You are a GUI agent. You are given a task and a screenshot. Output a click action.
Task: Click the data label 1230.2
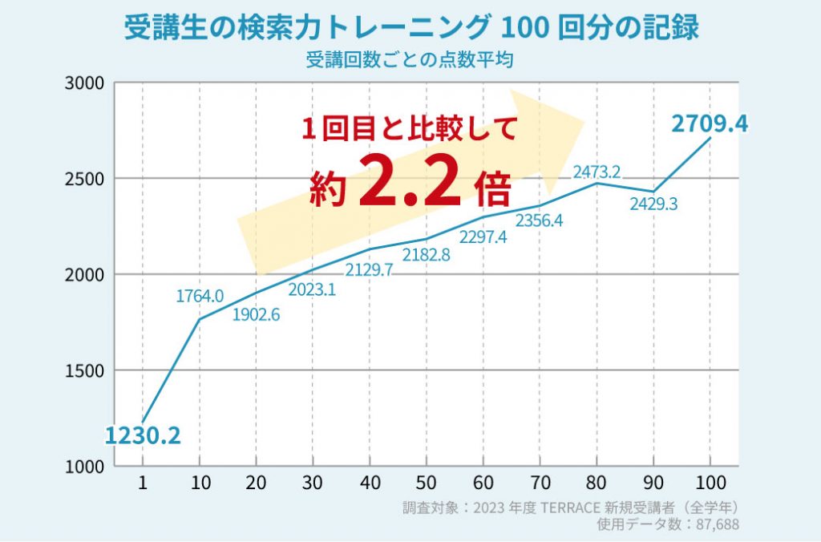pyautogui.click(x=142, y=436)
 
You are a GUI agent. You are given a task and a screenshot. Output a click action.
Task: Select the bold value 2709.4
pyautogui.click(x=710, y=124)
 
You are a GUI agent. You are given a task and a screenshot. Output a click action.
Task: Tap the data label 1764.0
pyautogui.click(x=200, y=297)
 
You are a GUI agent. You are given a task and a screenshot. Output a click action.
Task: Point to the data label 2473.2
pyautogui.click(x=597, y=172)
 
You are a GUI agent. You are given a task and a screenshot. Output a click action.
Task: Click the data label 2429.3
pyautogui.click(x=653, y=204)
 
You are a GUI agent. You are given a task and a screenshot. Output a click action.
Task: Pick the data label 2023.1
pyautogui.click(x=311, y=289)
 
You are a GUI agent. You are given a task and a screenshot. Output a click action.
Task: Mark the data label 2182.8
pyautogui.click(x=426, y=255)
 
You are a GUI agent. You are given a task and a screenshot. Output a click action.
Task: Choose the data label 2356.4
pyautogui.click(x=539, y=220)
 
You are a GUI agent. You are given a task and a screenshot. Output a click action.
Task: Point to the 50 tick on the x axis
pyautogui.click(x=426, y=483)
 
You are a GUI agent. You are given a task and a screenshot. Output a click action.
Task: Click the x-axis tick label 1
pyautogui.click(x=142, y=483)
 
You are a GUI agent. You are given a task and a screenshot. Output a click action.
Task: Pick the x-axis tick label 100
pyautogui.click(x=710, y=483)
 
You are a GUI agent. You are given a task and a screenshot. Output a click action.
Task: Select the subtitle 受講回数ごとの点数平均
pyautogui.click(x=409, y=59)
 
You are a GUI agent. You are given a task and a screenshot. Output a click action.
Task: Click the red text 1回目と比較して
pyautogui.click(x=409, y=128)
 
